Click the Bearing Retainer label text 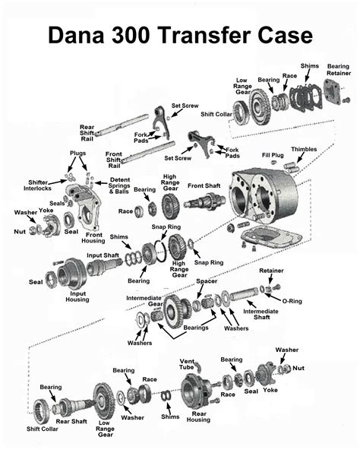(338, 71)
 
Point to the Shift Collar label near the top (216, 115)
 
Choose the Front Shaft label (204, 185)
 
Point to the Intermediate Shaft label (261, 315)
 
